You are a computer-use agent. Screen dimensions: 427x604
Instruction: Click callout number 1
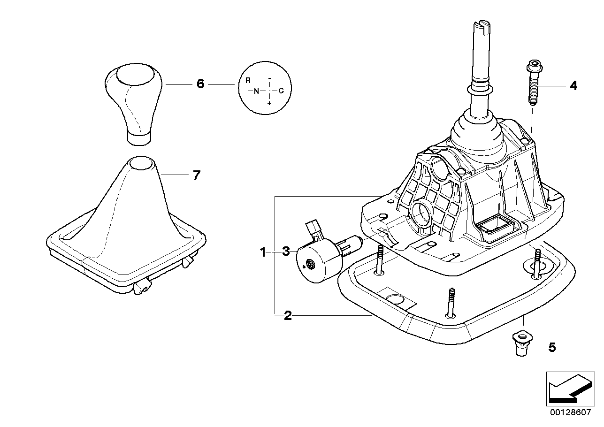(263, 252)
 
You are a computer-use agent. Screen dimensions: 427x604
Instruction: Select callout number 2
(288, 316)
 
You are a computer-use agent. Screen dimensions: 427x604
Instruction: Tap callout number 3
(286, 252)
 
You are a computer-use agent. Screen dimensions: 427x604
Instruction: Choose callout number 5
(552, 347)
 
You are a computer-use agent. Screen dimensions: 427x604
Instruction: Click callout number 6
(200, 84)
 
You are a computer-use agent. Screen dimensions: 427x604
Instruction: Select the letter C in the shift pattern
(281, 91)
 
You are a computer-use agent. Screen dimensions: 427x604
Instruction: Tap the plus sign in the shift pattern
(269, 102)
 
